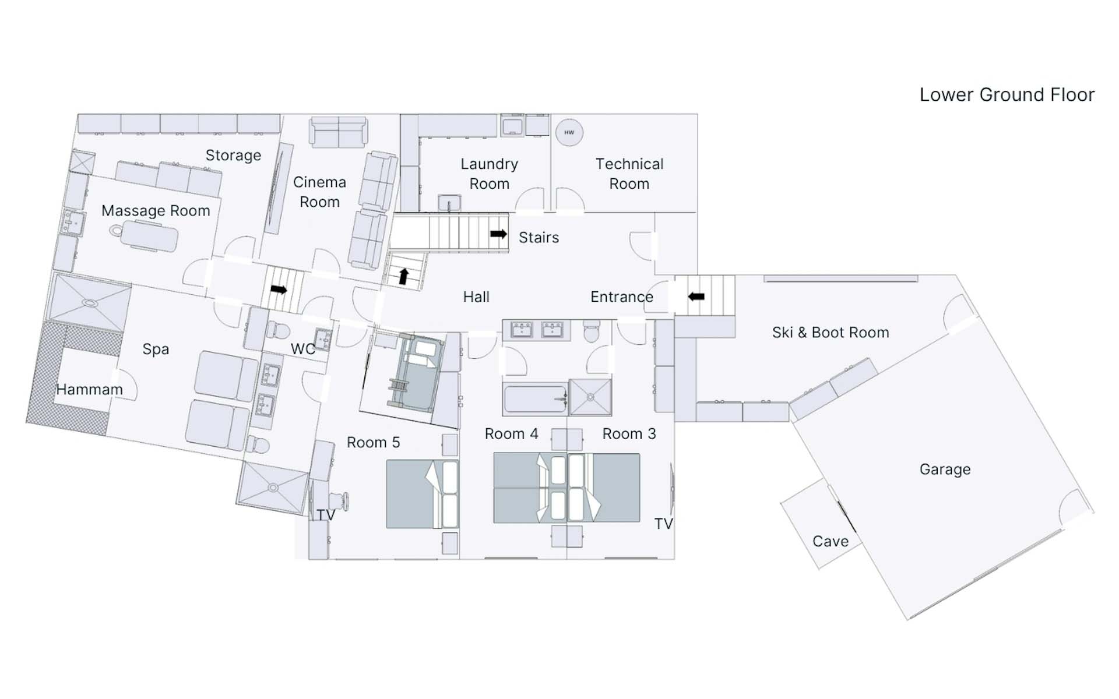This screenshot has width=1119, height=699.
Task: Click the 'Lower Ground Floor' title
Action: [x=1007, y=95]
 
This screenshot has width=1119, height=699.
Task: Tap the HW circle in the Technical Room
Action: [x=569, y=133]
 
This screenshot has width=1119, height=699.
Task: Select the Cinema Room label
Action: [x=319, y=192]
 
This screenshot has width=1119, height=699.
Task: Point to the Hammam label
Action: [x=89, y=390]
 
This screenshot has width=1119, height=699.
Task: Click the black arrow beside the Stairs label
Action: [x=498, y=234]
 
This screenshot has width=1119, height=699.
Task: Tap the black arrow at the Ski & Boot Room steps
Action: [x=696, y=296]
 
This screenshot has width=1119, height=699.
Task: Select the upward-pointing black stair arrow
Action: [x=403, y=276]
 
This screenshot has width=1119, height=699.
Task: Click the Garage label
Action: [x=945, y=469]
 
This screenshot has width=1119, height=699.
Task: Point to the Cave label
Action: [x=831, y=542]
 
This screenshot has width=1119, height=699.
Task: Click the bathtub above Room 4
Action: [x=535, y=399]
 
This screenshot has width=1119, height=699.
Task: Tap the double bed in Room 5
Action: [x=423, y=494]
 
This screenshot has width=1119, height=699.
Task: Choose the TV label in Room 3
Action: [x=663, y=524]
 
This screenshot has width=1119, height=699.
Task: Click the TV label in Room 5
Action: [x=326, y=515]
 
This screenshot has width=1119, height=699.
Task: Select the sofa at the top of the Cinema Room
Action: [x=339, y=132]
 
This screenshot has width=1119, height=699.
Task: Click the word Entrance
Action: [x=622, y=297]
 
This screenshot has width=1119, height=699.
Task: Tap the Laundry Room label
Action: [x=490, y=174]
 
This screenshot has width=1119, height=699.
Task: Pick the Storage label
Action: [x=233, y=156]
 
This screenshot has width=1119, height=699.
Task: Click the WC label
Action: [x=303, y=349]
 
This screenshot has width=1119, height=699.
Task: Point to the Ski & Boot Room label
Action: [x=831, y=333]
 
